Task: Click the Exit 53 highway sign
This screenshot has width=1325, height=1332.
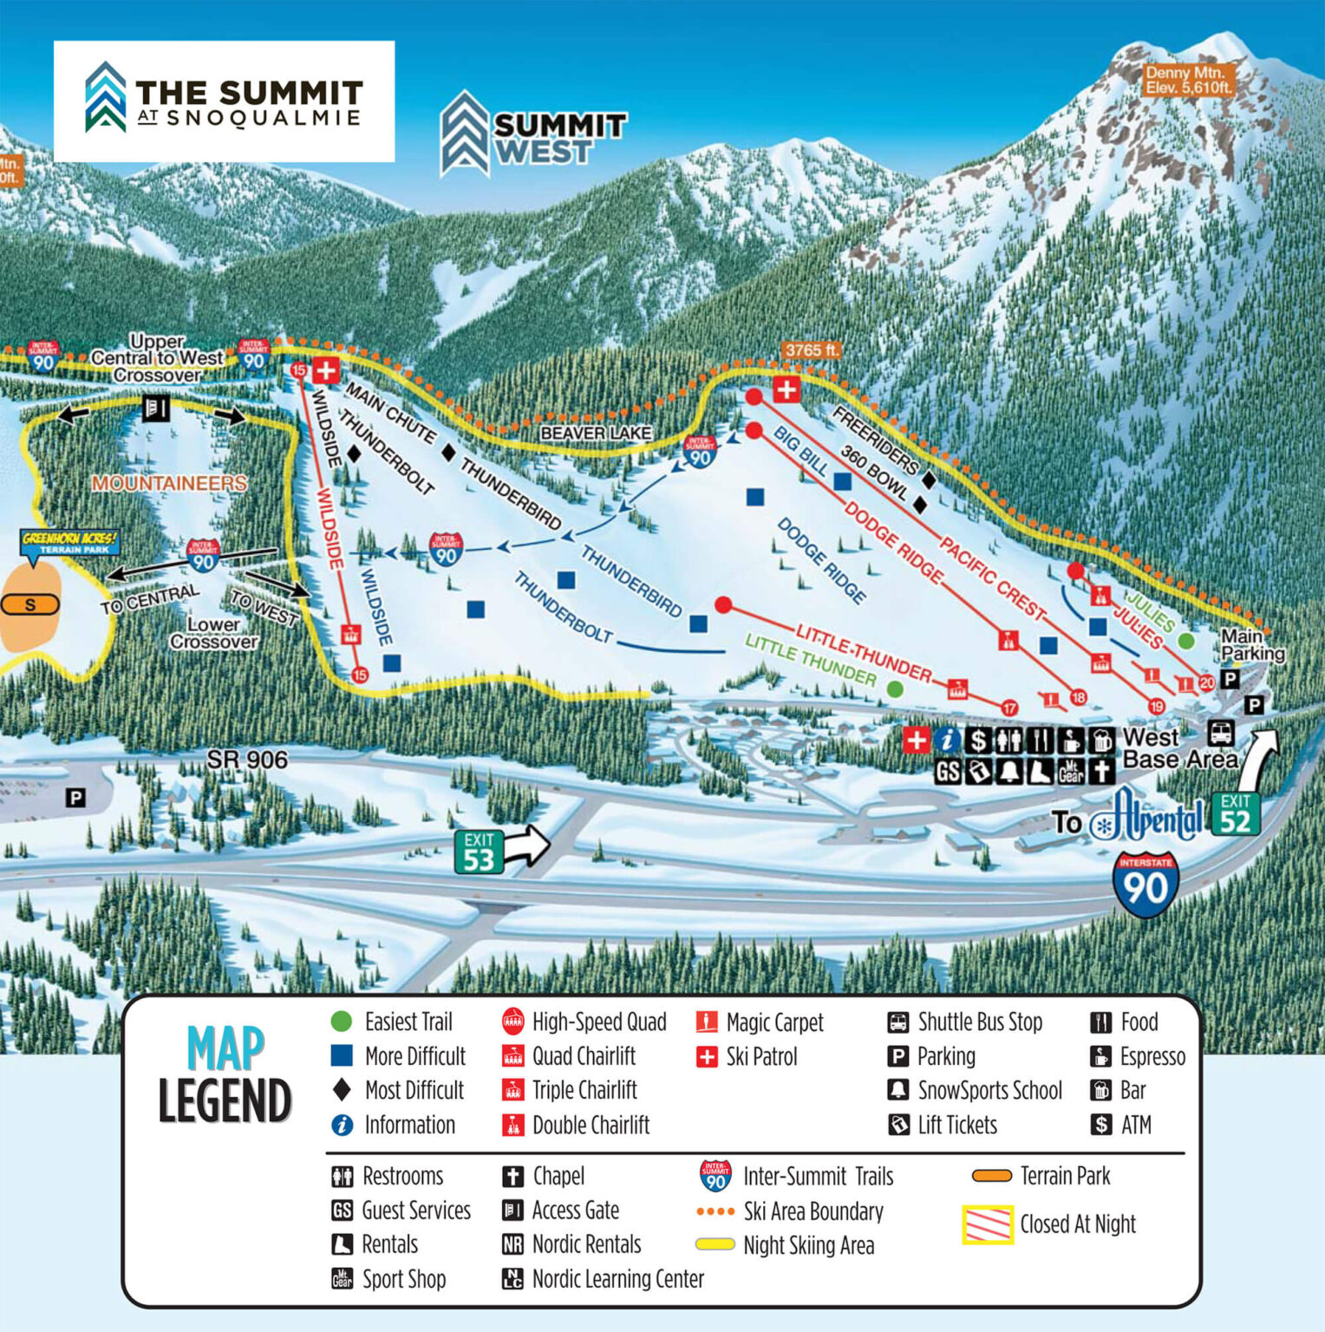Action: pyautogui.click(x=479, y=852)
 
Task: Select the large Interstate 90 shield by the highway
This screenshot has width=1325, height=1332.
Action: pyautogui.click(x=1146, y=885)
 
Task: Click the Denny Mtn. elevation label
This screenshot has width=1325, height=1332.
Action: pyautogui.click(x=1188, y=80)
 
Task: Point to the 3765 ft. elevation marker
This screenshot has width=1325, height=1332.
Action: pyautogui.click(x=812, y=350)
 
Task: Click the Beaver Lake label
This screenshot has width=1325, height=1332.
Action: pyautogui.click(x=595, y=433)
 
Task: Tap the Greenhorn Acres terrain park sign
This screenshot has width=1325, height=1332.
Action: pyautogui.click(x=69, y=543)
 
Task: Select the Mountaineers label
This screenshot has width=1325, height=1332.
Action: pyautogui.click(x=169, y=483)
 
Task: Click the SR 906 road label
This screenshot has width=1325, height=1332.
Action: pyautogui.click(x=247, y=760)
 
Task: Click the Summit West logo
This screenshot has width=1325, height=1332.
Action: pyautogui.click(x=532, y=135)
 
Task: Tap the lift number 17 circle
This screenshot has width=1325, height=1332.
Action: pyautogui.click(x=1009, y=708)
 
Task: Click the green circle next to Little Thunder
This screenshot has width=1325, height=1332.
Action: pyautogui.click(x=895, y=689)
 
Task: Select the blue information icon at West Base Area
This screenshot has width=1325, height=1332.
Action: pyautogui.click(x=948, y=740)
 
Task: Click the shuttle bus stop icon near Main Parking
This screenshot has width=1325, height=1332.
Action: pyautogui.click(x=1221, y=733)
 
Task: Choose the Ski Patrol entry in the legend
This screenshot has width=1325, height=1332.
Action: pyautogui.click(x=746, y=1056)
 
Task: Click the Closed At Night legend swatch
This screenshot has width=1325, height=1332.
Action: pyautogui.click(x=988, y=1224)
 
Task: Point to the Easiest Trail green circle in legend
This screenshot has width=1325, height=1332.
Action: pyautogui.click(x=342, y=1022)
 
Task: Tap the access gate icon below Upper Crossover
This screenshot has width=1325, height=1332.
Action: pyautogui.click(x=156, y=407)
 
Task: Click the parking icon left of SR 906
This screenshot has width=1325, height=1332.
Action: pyautogui.click(x=75, y=797)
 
